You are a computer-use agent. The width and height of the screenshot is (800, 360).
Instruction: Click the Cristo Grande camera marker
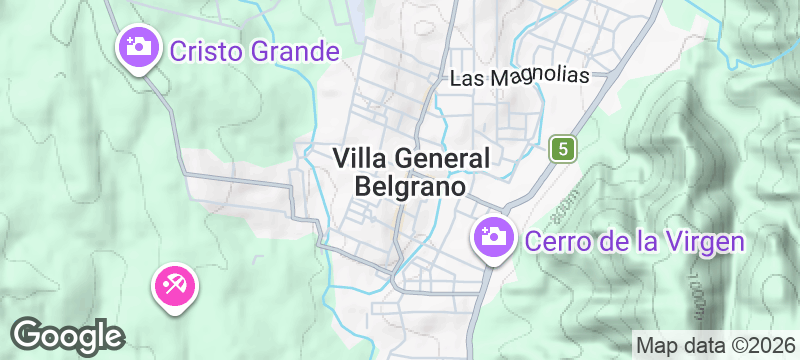point(137,46)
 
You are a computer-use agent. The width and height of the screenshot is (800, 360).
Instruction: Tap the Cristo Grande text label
point(254,50)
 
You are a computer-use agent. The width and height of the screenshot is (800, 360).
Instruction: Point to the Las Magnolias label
point(520,78)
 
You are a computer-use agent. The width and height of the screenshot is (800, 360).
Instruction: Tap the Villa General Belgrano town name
point(410,172)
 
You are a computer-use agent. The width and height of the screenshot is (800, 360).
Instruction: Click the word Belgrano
point(410,187)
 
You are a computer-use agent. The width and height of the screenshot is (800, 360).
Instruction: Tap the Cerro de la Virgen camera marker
point(492,237)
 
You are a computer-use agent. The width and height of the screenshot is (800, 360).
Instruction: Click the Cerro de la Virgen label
point(635,241)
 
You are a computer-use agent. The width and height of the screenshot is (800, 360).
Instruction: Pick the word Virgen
point(710,241)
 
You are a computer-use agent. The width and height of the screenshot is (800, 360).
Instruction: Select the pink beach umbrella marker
point(175,286)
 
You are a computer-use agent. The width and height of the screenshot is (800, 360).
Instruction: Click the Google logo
point(68,335)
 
